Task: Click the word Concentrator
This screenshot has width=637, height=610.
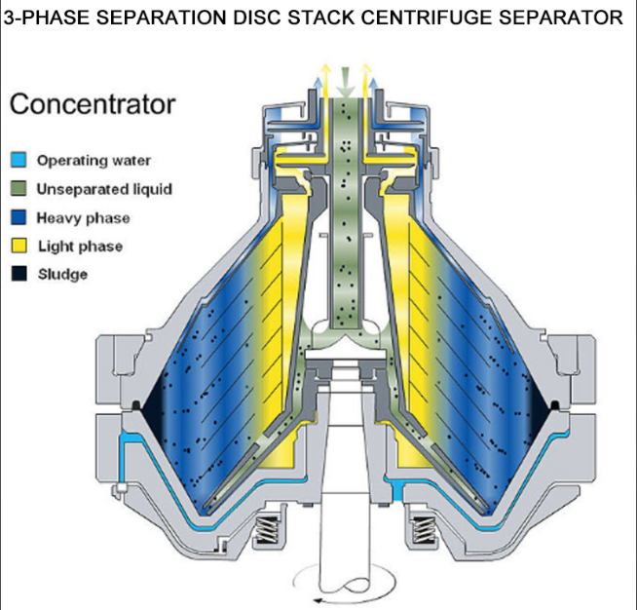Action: point(93,104)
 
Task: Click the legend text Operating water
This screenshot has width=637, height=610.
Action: point(94,160)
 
